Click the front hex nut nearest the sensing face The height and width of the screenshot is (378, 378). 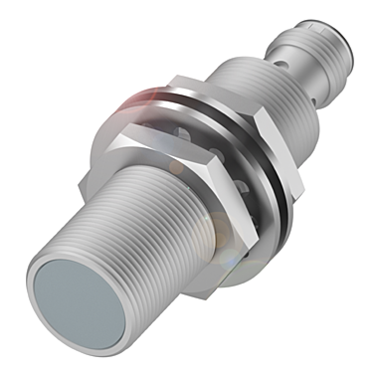point(159,189)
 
